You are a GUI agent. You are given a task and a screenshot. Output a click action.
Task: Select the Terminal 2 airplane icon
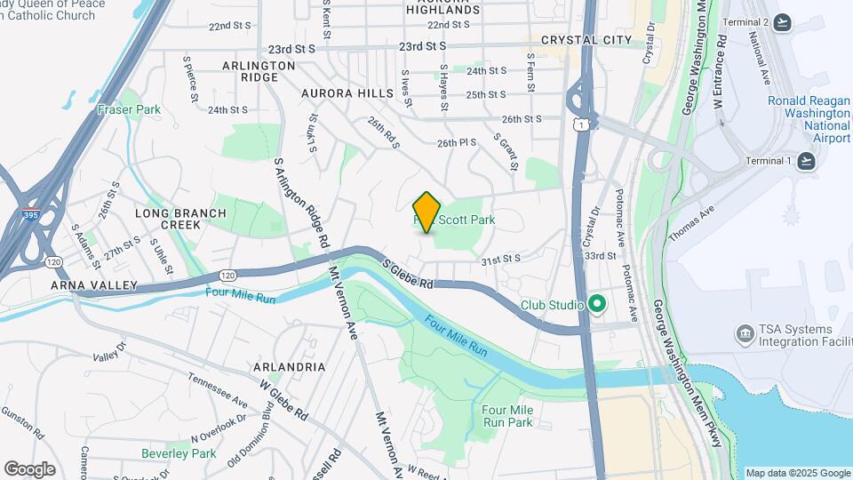782,22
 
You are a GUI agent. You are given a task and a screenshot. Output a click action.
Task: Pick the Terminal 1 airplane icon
805,160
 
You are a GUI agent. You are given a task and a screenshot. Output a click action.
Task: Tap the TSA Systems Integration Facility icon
745,334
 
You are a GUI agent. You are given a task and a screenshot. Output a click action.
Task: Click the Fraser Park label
130,110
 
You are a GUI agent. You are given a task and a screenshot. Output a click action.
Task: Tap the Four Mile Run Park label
507,415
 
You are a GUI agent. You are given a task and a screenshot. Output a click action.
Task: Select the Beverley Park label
179,453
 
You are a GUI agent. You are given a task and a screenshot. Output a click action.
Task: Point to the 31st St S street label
500,260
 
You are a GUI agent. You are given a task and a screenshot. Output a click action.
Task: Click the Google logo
29,469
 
